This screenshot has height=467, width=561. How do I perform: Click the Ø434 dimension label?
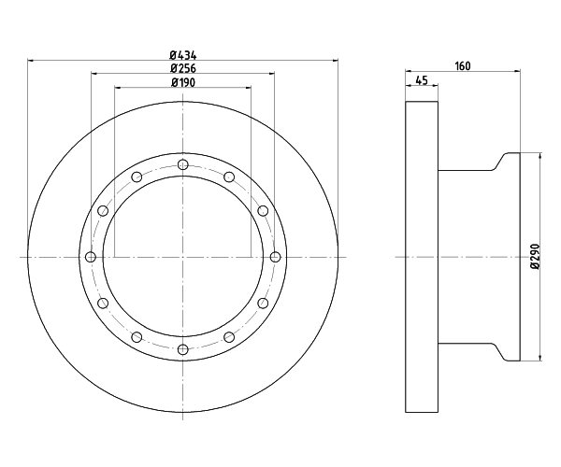click(183, 55)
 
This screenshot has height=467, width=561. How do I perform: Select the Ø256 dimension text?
click(183, 68)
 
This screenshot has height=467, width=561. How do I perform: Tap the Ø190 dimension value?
click(183, 82)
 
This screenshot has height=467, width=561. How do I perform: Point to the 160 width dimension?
click(463, 66)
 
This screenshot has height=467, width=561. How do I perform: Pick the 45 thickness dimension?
click(423, 80)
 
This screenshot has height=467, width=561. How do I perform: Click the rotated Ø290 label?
click(535, 256)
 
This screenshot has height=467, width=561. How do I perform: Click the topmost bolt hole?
click(183, 164)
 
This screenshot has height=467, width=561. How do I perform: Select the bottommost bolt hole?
click(183, 349)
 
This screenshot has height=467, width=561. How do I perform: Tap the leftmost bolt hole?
click(91, 257)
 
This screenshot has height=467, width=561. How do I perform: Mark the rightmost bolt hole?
click(275, 257)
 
